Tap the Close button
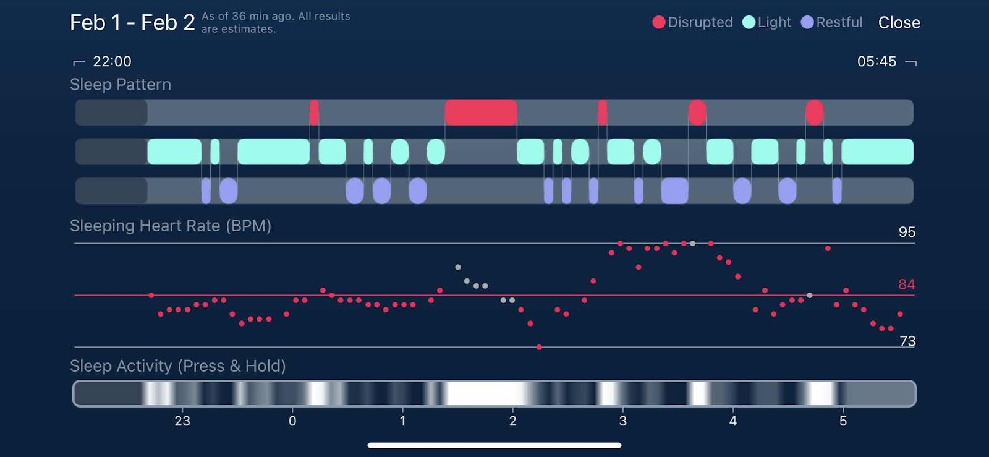click(899, 23)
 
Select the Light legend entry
click(767, 22)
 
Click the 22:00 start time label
click(112, 61)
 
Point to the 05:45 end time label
click(877, 61)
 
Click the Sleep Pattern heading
click(121, 85)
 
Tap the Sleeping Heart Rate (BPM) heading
click(171, 226)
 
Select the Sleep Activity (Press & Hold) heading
click(178, 366)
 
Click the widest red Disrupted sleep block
click(481, 113)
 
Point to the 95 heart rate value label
click(907, 232)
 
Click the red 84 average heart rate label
click(906, 284)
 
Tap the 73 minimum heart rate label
click(907, 341)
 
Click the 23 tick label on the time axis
click(182, 421)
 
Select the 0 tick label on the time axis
click(292, 421)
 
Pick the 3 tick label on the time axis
click(623, 421)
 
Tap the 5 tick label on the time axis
click(843, 421)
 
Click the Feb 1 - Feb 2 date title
click(132, 23)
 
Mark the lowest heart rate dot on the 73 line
click(539, 348)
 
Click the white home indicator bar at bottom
click(494, 445)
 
